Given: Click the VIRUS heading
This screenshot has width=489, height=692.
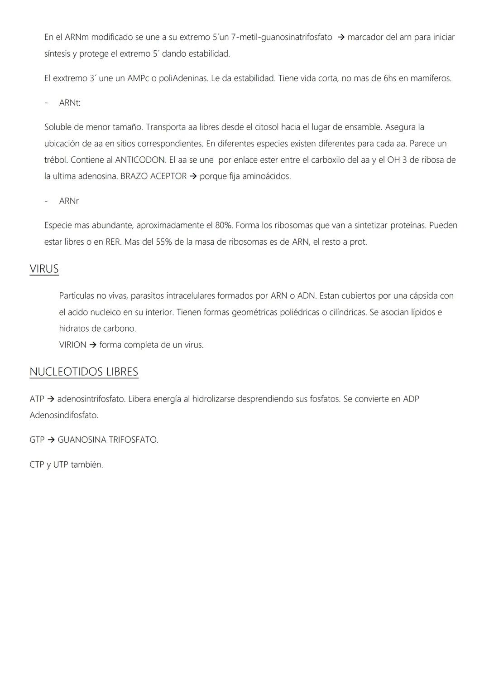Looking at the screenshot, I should tap(44, 269).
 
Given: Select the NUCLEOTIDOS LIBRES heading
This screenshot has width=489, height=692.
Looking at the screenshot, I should tap(84, 372).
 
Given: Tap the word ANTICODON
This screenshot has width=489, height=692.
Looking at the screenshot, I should tap(140, 160).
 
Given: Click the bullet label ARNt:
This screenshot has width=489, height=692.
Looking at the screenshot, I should tap(70, 103).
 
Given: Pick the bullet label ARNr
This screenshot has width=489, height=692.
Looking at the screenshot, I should tap(69, 201).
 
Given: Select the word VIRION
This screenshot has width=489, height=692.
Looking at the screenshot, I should tap(72, 345).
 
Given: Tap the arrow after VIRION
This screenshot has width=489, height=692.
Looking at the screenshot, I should tap(93, 345).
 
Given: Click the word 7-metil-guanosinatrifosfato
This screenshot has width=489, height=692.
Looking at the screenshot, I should tap(281, 37).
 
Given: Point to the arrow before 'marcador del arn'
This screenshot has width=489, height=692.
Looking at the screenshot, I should tap(341, 37).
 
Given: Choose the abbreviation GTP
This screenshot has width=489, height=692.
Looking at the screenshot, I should tap(37, 440).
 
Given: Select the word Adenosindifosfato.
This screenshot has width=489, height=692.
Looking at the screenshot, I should tap(64, 415).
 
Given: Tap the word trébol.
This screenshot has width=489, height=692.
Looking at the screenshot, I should tap(56, 160).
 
